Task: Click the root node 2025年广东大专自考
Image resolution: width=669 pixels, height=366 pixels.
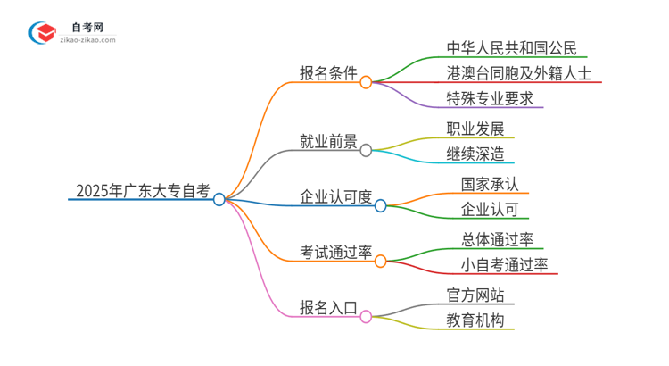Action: tap(143, 190)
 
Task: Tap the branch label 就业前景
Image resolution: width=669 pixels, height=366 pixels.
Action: tap(327, 141)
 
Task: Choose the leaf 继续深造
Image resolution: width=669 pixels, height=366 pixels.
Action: tap(476, 154)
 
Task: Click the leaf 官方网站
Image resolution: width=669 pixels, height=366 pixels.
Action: tap(476, 294)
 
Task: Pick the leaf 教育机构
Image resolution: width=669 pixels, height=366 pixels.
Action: tap(476, 320)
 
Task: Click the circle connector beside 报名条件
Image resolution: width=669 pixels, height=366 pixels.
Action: tap(366, 82)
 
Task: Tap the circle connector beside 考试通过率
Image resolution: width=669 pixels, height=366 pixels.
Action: tap(380, 262)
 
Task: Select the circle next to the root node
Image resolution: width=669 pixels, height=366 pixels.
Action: tap(219, 199)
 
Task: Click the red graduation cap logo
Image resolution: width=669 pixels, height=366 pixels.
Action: tap(42, 34)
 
